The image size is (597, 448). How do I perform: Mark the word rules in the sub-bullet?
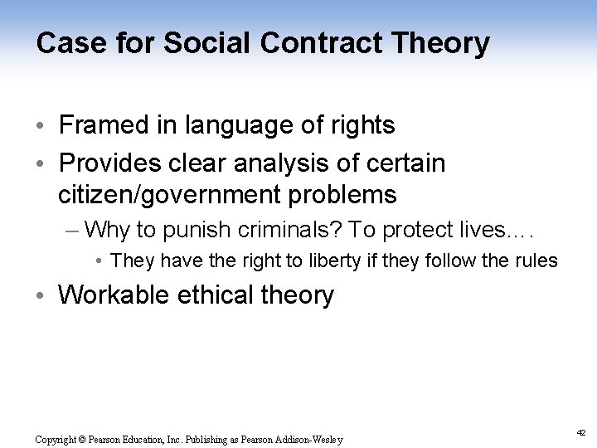point(537,261)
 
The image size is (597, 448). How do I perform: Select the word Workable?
point(113,295)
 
